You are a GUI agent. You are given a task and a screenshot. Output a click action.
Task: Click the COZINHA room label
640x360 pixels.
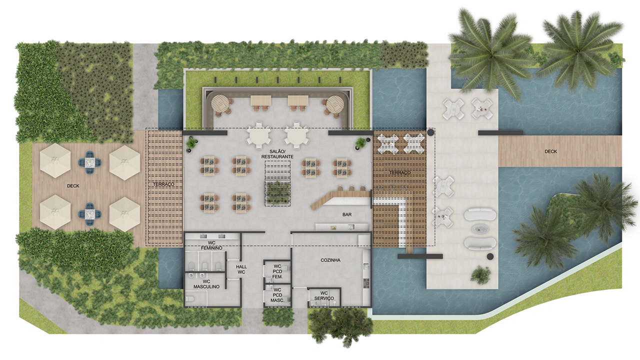click(x=330, y=260)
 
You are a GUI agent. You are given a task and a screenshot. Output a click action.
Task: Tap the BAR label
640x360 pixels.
click(x=347, y=214)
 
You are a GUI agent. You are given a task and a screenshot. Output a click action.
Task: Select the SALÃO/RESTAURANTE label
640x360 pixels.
click(x=277, y=154)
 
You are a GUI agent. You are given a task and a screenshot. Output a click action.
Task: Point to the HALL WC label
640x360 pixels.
click(x=241, y=269)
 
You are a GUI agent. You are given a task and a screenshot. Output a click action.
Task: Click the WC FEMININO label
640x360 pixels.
click(x=211, y=245)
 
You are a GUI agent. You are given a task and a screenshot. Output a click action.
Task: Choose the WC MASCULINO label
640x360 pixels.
click(x=206, y=284)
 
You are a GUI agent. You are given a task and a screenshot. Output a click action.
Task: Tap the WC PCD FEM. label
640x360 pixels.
click(x=277, y=271)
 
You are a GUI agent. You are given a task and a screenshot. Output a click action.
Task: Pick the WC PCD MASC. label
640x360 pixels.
click(x=277, y=295)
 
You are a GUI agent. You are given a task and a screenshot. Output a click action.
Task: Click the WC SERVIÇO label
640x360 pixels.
click(x=324, y=295)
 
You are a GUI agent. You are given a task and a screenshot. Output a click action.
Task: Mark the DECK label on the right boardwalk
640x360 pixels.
click(x=550, y=151)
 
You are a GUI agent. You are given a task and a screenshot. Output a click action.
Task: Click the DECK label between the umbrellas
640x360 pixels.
click(x=73, y=186)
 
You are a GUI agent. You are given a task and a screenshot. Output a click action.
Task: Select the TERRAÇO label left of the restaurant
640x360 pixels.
click(x=163, y=184)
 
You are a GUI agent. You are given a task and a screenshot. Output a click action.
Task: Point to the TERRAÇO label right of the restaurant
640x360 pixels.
click(x=399, y=172)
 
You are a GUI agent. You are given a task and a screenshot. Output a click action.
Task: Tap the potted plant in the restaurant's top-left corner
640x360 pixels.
click(x=191, y=143)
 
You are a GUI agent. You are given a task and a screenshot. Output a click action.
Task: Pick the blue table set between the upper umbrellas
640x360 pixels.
click(x=89, y=163)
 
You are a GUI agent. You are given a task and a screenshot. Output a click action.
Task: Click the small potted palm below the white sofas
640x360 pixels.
click(x=480, y=275)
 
